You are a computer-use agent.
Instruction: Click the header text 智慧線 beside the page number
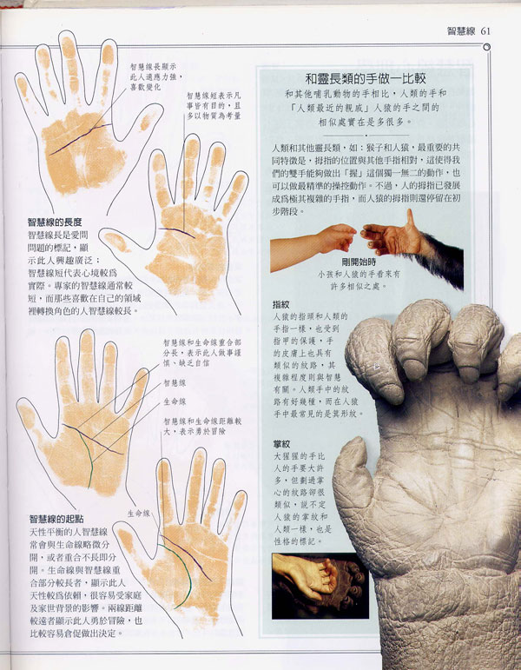coord(460,31)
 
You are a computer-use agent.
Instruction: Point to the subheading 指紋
coord(280,305)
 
